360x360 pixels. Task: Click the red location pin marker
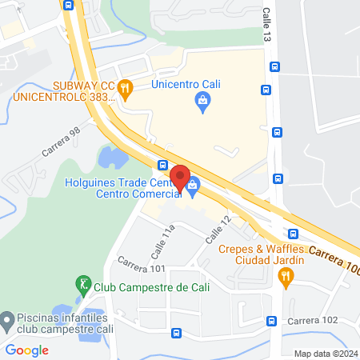point(179,179)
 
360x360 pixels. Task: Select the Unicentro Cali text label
point(186,84)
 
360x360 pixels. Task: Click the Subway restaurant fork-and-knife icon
point(124,89)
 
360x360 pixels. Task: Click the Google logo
point(26,350)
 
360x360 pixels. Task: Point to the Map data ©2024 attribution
point(326,353)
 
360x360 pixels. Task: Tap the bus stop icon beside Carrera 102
point(271,321)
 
